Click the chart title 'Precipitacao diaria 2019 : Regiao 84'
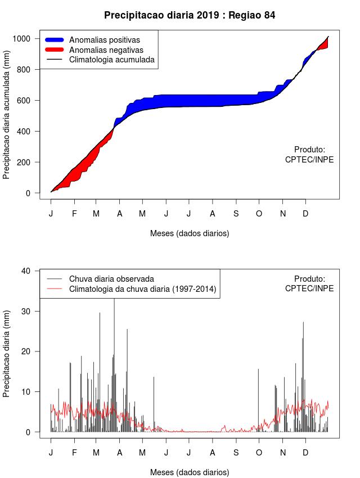click(190, 15)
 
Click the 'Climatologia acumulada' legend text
click(111, 59)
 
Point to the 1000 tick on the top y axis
click(26, 39)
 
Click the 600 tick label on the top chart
click(29, 101)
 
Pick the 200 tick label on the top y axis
click(29, 163)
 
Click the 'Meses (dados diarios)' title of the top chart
click(190, 233)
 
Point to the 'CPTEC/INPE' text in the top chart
click(309, 160)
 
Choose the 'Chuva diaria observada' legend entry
click(111, 279)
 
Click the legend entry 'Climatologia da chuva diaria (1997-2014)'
click(142, 289)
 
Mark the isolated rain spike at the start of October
click(258, 399)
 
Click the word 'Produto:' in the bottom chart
click(309, 279)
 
